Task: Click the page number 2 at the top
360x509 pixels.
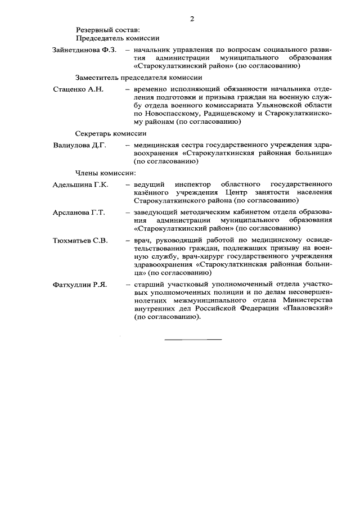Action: pos(192,19)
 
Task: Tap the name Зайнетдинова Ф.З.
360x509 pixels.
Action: pos(84,51)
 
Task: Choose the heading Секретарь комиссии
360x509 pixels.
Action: pos(111,133)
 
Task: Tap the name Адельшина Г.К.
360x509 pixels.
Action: pos(80,184)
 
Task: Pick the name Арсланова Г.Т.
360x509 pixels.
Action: pos(79,212)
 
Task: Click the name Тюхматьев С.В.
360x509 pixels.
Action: pos(80,240)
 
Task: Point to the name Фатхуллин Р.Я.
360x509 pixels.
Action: pos(80,285)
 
